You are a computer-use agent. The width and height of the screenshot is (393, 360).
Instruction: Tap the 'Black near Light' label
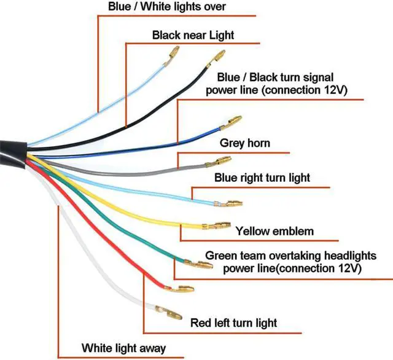click(x=193, y=35)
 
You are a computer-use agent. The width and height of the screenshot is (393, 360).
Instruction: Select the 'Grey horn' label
click(x=245, y=144)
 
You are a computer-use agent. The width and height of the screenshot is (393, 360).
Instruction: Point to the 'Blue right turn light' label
click(x=262, y=178)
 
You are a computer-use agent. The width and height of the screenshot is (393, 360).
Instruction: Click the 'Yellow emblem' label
click(x=274, y=232)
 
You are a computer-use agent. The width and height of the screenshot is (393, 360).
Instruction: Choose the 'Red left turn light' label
click(x=233, y=323)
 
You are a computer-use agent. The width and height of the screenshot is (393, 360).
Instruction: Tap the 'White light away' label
click(x=124, y=348)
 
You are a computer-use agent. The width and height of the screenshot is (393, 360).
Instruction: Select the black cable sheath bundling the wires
click(x=12, y=151)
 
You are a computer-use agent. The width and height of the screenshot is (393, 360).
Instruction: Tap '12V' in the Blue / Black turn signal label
click(x=334, y=90)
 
